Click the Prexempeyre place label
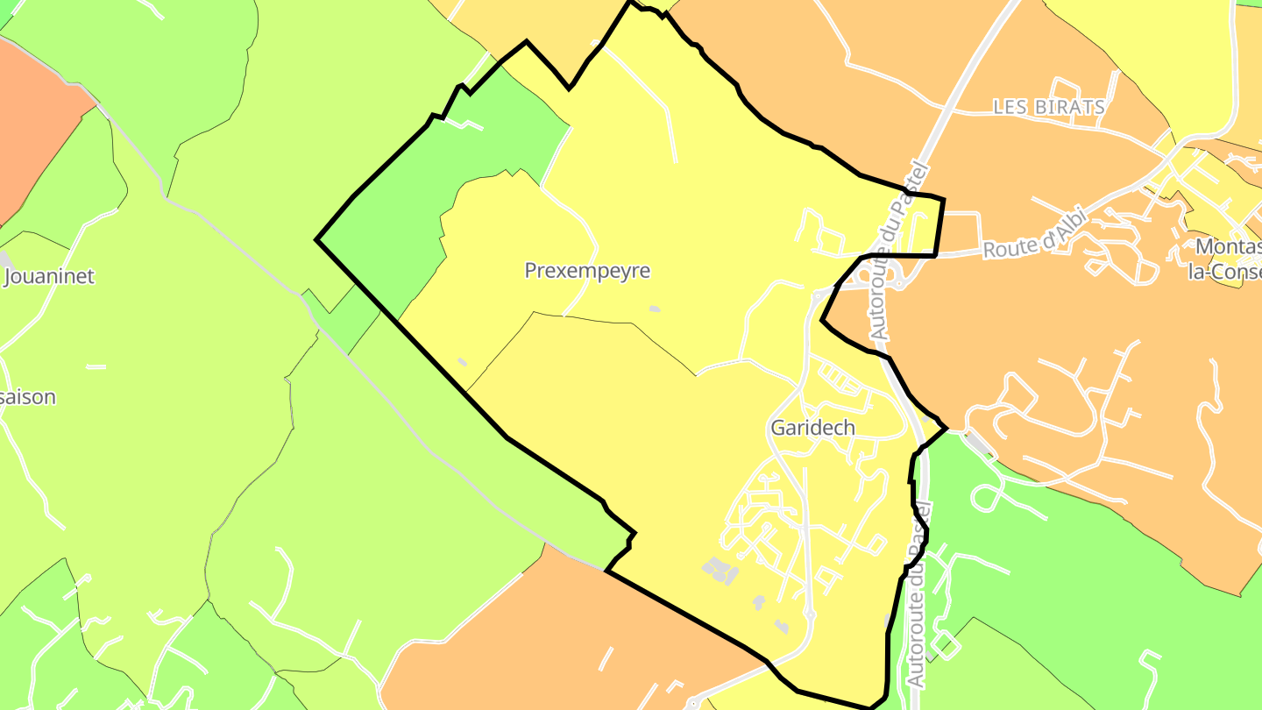pos(587,270)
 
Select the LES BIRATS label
pos(1049,107)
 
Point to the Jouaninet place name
pos(49,276)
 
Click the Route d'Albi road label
pos(1034,236)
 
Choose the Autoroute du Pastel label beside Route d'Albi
pos(894,250)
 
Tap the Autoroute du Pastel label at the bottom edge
pos(917,596)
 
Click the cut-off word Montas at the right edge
pos(1227,246)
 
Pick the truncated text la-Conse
pos(1223,272)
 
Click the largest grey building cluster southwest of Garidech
pos(720,570)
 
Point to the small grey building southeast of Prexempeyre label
pos(654,309)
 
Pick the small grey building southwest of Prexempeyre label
pos(463,361)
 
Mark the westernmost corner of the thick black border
pos(317,239)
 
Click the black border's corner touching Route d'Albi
pos(936,255)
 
